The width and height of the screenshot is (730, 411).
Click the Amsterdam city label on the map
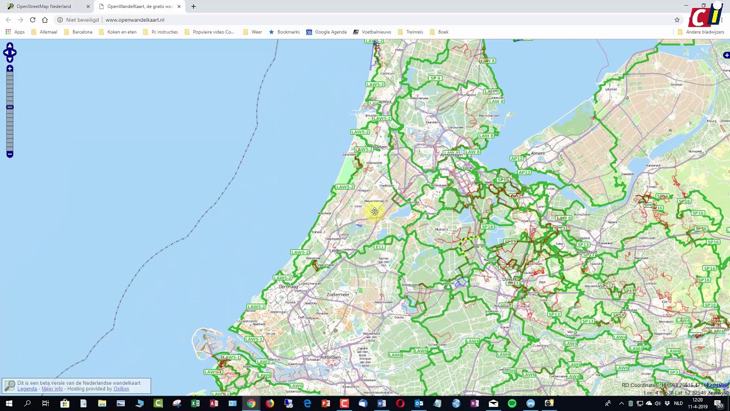(451, 155)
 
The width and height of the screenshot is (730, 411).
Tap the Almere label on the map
(537, 154)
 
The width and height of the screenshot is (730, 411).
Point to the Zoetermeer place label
(338, 295)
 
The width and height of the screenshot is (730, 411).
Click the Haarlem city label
(379, 147)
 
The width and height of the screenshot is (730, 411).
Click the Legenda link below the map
(27, 389)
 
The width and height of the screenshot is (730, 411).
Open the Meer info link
(52, 389)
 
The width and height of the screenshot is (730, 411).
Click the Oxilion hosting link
(121, 389)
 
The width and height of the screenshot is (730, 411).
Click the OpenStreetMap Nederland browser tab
(44, 6)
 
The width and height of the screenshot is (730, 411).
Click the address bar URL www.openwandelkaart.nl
(135, 20)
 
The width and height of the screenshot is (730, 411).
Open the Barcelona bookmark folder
(82, 32)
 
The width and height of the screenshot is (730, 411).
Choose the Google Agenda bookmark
(330, 32)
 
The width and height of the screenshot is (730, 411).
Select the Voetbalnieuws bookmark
(376, 32)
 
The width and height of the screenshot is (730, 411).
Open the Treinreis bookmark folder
(414, 32)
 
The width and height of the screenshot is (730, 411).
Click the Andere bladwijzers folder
(704, 32)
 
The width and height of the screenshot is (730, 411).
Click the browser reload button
(33, 20)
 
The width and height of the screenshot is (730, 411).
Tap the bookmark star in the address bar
(677, 20)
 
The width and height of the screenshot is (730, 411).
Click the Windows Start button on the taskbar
(9, 404)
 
